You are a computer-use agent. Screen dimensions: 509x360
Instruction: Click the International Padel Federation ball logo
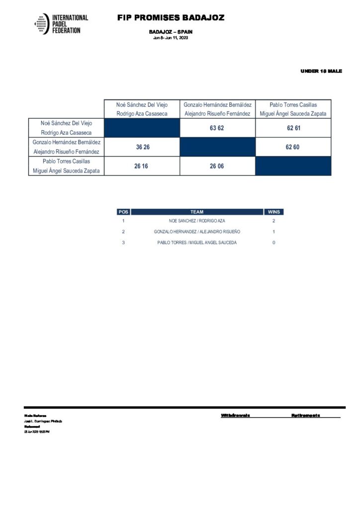click(42, 24)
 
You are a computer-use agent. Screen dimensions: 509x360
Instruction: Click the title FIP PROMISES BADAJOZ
click(171, 18)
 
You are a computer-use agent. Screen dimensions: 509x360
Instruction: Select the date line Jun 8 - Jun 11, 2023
click(171, 38)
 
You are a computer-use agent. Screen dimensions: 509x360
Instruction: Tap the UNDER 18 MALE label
click(321, 71)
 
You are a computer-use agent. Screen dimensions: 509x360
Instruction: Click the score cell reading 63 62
click(218, 128)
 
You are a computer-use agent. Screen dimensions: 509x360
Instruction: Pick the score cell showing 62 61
click(293, 128)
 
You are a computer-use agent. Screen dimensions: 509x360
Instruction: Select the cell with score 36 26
click(142, 147)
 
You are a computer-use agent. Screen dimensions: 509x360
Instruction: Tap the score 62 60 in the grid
click(293, 147)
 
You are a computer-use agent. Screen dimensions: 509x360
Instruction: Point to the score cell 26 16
click(141, 166)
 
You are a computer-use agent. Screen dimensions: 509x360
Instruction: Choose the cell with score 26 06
click(217, 166)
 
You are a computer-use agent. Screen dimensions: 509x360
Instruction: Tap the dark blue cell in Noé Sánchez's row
click(142, 128)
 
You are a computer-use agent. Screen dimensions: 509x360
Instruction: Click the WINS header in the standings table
click(273, 212)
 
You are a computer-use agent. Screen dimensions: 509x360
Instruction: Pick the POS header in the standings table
click(123, 212)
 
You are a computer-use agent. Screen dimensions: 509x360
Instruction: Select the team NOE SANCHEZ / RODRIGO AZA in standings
click(197, 221)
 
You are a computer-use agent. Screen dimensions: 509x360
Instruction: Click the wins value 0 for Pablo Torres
click(273, 243)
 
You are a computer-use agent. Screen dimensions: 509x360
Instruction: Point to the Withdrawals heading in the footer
click(235, 415)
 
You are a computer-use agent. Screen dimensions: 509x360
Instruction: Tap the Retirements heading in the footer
click(305, 415)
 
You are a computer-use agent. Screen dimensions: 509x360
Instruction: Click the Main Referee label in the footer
click(35, 416)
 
